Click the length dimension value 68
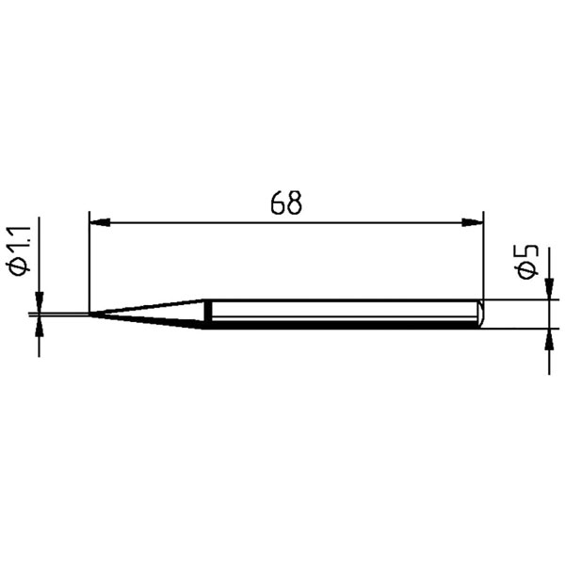tap(284, 203)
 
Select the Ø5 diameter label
tap(527, 261)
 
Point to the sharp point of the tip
tap(90, 314)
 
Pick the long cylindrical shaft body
tap(339, 314)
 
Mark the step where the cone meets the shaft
tap(204, 314)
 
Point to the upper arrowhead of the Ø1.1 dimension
tap(39, 304)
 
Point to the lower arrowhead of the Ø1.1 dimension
tap(39, 326)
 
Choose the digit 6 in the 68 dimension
tap(275, 203)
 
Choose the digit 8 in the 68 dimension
tap(294, 203)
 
